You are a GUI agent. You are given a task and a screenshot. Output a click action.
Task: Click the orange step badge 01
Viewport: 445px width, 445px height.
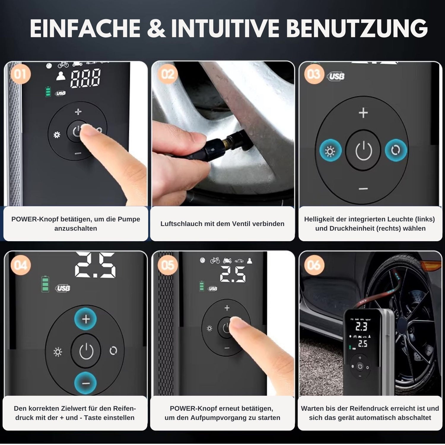20,74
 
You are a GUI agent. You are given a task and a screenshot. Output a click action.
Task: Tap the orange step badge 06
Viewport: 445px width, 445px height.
314,265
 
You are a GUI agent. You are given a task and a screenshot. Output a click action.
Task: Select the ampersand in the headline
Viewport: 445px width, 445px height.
156,28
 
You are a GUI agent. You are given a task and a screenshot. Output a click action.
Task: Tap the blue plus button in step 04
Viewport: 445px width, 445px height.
86,319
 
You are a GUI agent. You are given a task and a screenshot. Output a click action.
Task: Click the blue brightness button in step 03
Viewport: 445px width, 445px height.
330,150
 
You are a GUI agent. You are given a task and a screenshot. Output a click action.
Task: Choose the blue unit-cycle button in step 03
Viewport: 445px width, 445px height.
396,150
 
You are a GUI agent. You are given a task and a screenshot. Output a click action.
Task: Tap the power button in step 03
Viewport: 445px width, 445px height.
363,150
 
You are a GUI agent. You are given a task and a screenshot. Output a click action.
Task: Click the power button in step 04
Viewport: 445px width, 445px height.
86,351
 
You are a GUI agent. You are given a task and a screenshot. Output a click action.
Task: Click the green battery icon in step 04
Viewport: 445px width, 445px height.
45,284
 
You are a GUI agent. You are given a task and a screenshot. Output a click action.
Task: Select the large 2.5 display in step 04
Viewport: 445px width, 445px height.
95,265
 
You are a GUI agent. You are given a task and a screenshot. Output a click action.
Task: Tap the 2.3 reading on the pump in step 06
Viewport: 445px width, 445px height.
361,327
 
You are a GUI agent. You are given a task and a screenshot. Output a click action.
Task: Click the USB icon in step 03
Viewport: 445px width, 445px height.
336,77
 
